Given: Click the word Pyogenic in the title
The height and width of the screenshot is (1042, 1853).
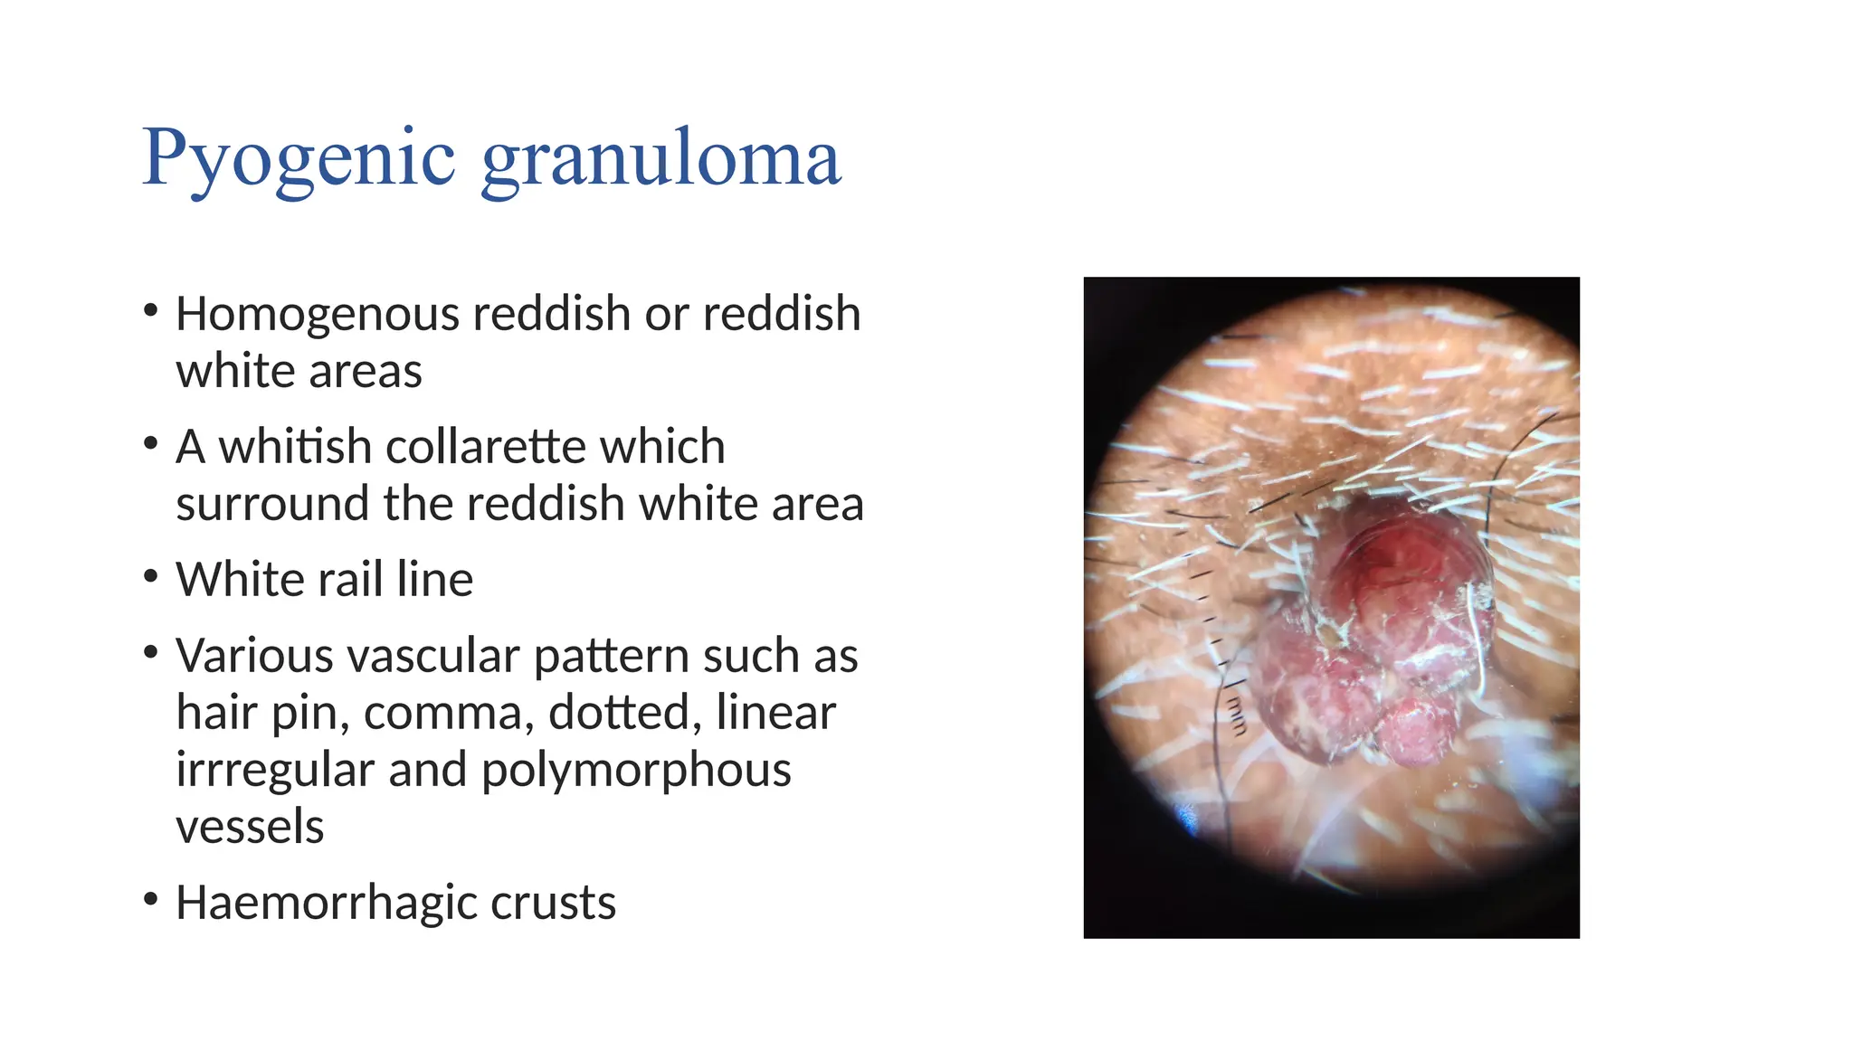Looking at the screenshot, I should [x=299, y=159].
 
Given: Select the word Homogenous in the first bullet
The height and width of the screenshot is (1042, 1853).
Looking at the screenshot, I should [x=318, y=314].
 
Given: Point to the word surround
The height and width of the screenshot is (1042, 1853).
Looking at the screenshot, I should [x=272, y=504].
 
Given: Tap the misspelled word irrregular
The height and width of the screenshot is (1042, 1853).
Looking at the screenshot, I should [x=275, y=770].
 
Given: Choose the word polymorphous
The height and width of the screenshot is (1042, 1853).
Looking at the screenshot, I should [x=635, y=770].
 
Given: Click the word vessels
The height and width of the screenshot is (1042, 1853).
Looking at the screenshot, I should [x=250, y=827].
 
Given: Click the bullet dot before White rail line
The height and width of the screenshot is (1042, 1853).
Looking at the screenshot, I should [x=151, y=576].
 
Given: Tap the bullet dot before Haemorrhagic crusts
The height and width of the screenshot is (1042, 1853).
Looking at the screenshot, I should [x=151, y=899].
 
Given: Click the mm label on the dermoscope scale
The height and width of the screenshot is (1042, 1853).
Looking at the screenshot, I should [x=1238, y=714].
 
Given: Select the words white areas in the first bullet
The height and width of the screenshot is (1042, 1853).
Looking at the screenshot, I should [x=299, y=371].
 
